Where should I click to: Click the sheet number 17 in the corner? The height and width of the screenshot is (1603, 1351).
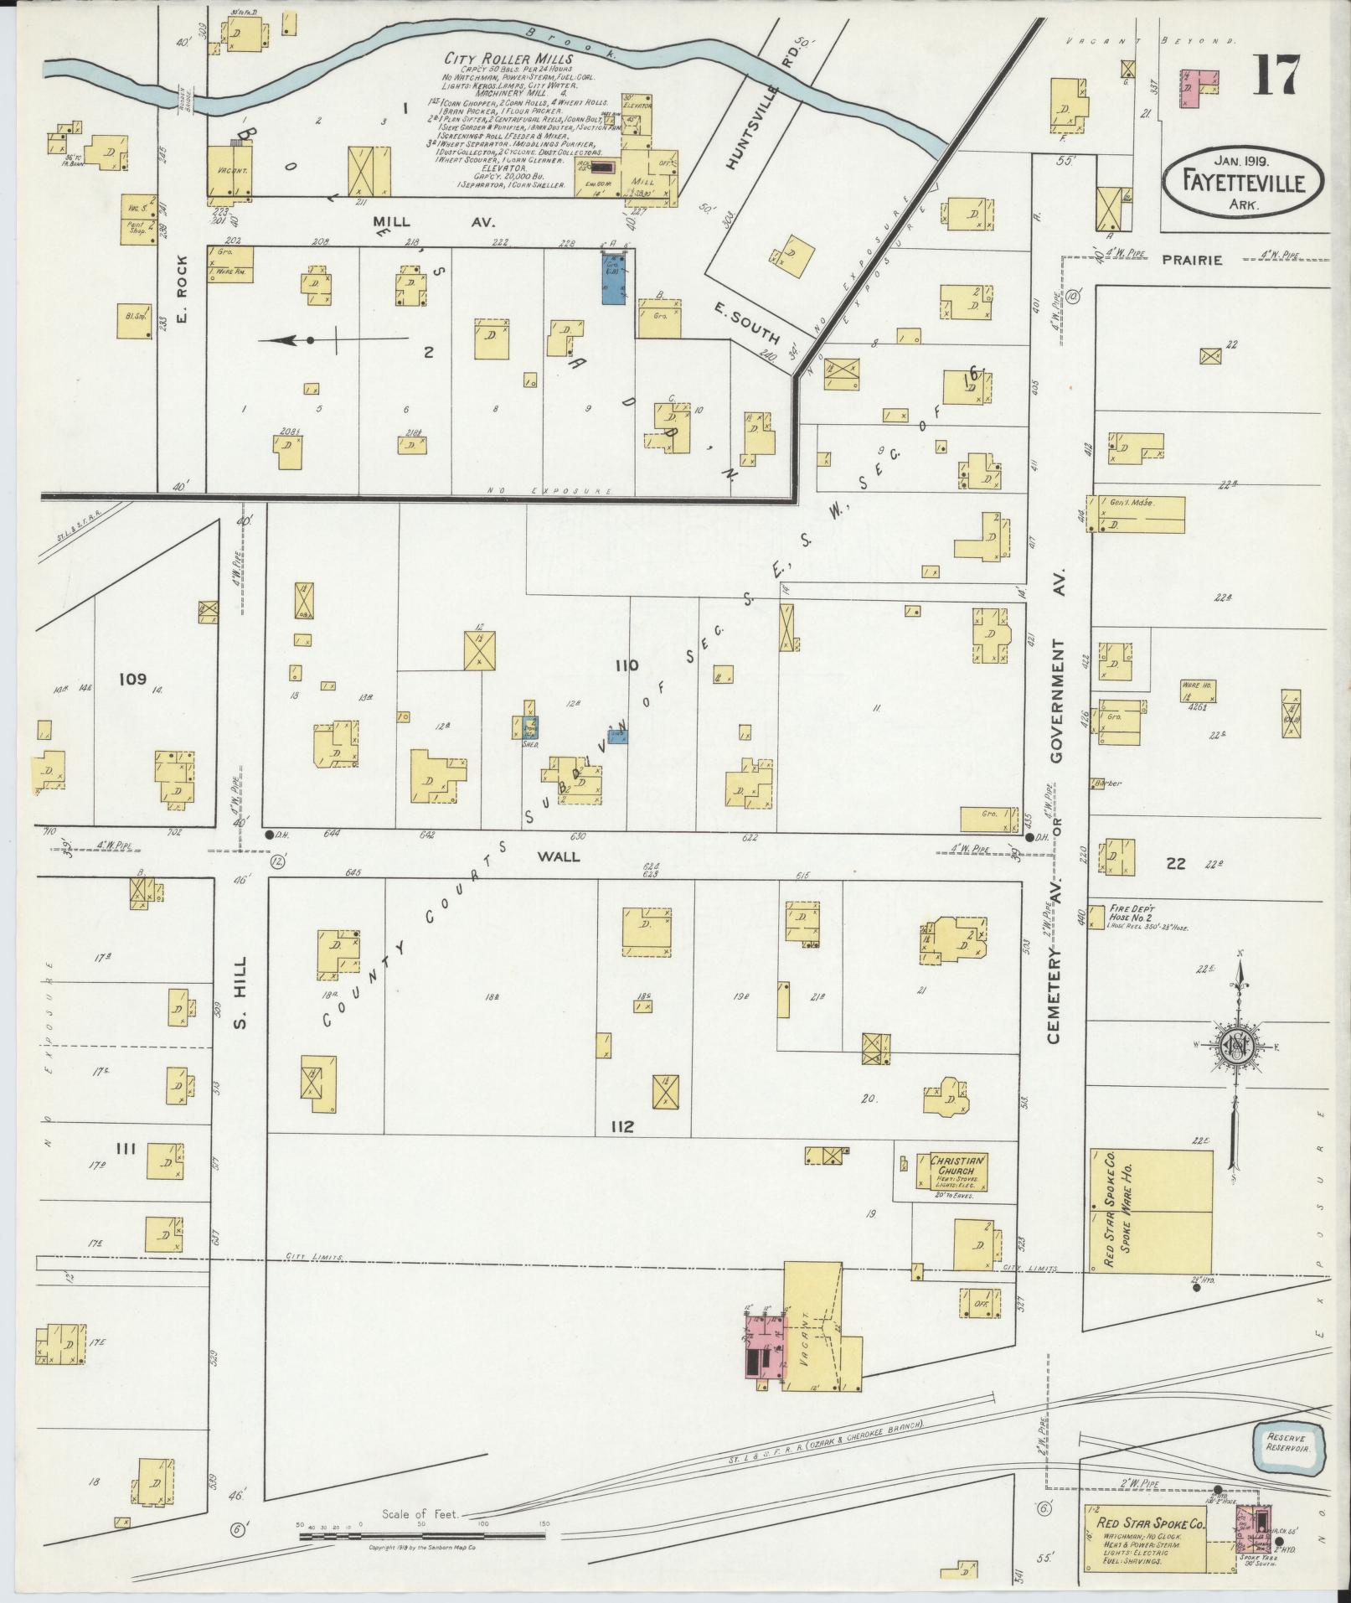(1276, 75)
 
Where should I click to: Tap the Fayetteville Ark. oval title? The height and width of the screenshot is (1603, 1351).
(1243, 179)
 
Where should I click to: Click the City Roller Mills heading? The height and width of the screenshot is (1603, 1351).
(508, 59)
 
